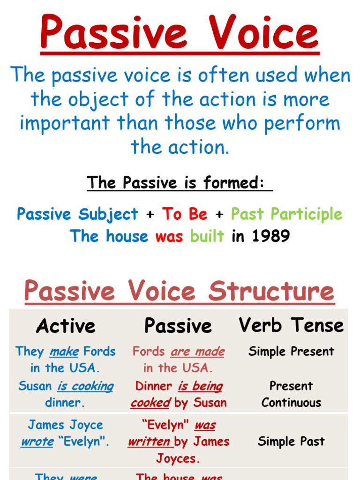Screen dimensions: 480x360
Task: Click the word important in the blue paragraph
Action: (65, 123)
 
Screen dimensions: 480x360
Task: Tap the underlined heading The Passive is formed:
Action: (180, 183)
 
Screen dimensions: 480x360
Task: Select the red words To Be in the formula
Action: (185, 214)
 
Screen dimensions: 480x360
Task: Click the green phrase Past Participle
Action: (286, 214)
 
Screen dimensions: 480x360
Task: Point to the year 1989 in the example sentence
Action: (270, 236)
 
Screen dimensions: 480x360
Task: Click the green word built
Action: (207, 236)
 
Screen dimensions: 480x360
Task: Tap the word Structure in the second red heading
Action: (271, 291)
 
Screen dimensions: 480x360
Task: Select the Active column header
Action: (66, 326)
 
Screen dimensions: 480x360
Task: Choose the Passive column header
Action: (178, 326)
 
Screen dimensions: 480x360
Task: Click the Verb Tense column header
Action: (291, 325)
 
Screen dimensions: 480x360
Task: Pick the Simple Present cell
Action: (291, 352)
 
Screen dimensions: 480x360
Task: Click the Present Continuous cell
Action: (291, 394)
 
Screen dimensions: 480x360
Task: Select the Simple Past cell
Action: (291, 442)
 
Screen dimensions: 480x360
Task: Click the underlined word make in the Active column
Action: (64, 352)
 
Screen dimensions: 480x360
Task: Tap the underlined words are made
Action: (197, 352)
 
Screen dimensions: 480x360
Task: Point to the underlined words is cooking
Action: (85, 386)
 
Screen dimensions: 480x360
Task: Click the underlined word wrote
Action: (37, 442)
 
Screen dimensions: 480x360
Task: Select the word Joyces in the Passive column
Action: (178, 458)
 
